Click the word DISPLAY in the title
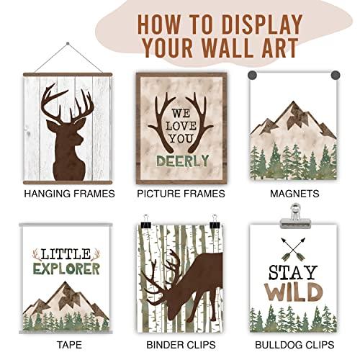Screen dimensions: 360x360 tap(262, 24)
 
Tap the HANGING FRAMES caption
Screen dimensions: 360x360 tap(70, 194)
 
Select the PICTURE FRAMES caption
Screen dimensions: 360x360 tap(181, 194)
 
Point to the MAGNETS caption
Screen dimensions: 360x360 tap(294, 194)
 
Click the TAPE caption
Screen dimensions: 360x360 tap(70, 345)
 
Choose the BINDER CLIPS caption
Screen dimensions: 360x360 tap(181, 345)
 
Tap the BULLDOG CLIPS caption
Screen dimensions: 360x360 tap(294, 345)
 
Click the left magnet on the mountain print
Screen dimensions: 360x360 tap(252, 75)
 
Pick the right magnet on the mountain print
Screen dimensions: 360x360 tap(336, 75)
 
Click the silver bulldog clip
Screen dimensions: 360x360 tap(295, 217)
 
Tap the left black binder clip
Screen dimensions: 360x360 tap(146, 222)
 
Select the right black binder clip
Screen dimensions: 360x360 tap(215, 222)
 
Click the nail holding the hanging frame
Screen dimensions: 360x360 tap(68, 44)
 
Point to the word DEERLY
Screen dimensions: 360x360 tap(183, 161)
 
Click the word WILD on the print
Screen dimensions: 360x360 tap(293, 292)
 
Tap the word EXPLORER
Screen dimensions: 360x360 tap(66, 269)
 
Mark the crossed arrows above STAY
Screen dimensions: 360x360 tap(293, 250)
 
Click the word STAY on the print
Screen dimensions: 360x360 tap(293, 273)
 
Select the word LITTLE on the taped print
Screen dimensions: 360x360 tap(66, 254)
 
